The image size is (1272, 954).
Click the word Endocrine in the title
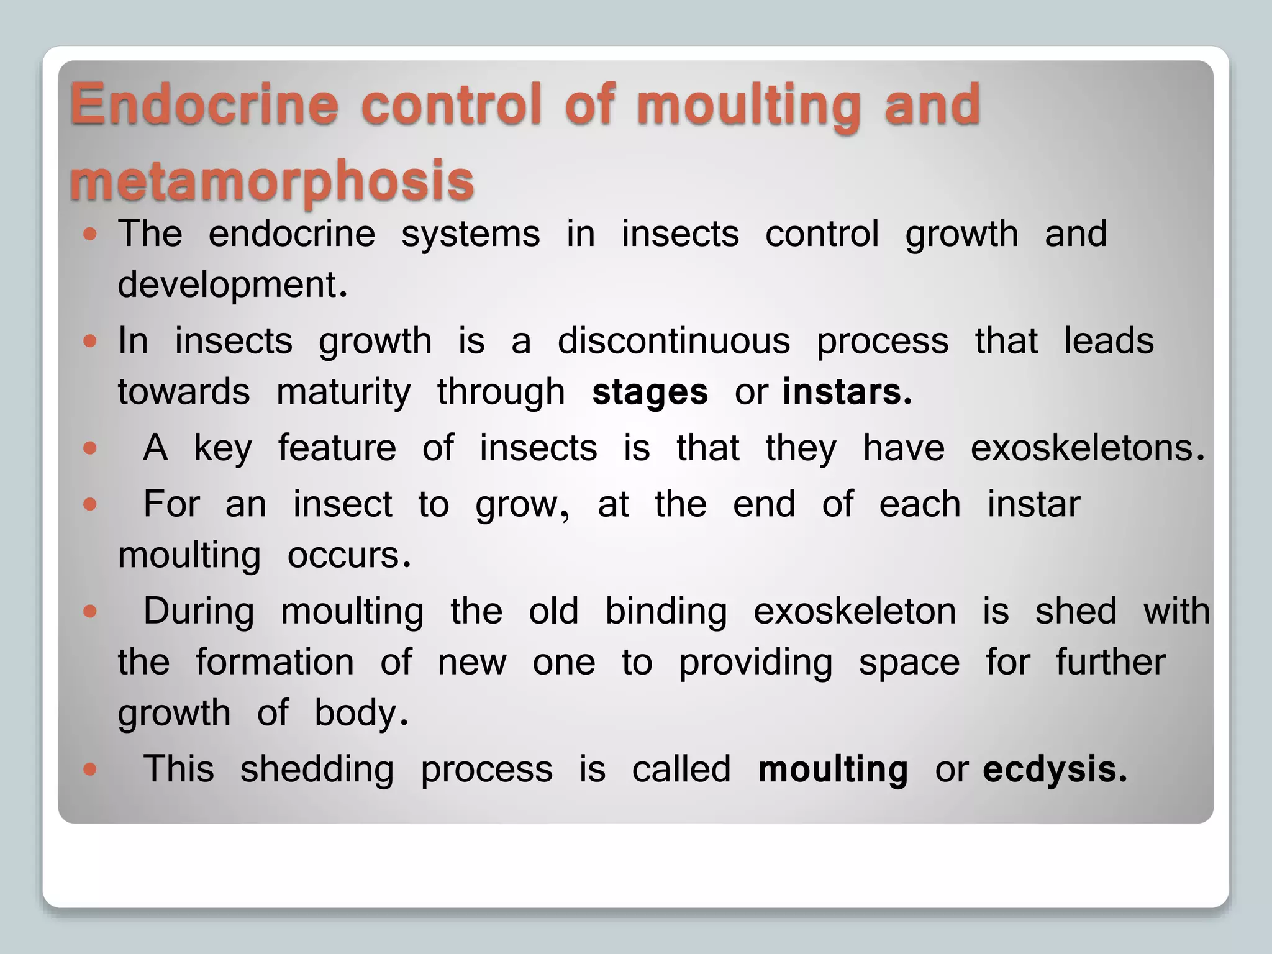click(x=204, y=104)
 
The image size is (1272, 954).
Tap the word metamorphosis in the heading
click(x=272, y=181)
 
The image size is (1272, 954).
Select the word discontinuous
click(x=673, y=341)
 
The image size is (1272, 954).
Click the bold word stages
click(x=650, y=393)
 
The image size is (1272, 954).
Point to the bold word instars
click(x=847, y=393)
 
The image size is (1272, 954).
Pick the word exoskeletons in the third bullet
click(x=1087, y=448)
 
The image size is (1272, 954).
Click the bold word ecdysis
click(x=1054, y=770)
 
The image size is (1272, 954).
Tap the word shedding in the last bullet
click(x=317, y=770)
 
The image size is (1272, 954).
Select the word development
click(x=232, y=285)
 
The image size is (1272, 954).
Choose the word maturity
click(x=343, y=393)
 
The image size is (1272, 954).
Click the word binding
click(x=666, y=612)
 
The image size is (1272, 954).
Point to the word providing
click(x=755, y=663)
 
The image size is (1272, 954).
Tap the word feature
click(x=337, y=448)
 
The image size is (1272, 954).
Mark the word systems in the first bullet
click(x=470, y=234)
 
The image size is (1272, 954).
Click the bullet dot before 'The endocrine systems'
click(x=91, y=234)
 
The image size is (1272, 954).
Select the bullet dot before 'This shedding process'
click(x=91, y=770)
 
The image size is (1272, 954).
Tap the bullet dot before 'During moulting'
click(x=91, y=612)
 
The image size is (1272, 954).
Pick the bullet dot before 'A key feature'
click(x=91, y=448)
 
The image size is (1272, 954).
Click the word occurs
click(x=348, y=555)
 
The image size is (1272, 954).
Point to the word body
click(x=360, y=713)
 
